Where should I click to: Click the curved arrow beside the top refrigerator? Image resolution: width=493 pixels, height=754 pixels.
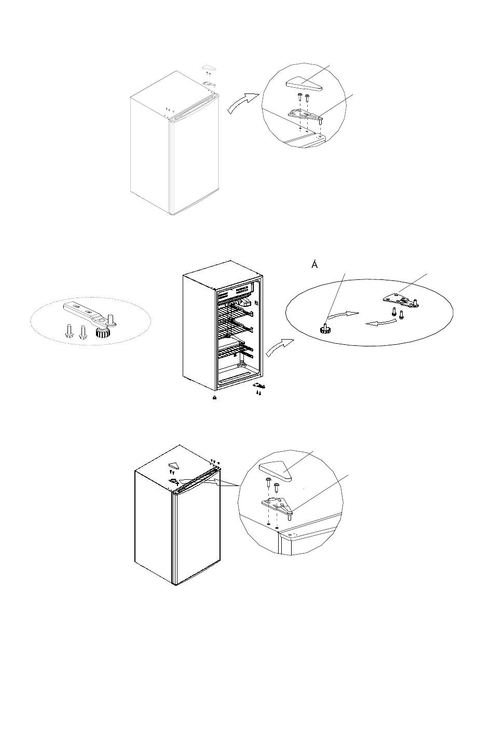tap(242, 102)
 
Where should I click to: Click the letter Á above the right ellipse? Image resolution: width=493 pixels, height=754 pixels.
tap(314, 264)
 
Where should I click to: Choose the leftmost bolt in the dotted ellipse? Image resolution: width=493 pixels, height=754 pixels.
tap(70, 331)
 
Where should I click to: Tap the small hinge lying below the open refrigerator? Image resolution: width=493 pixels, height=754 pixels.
tap(259, 386)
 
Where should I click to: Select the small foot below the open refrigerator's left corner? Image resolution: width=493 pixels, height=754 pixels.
tap(214, 398)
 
